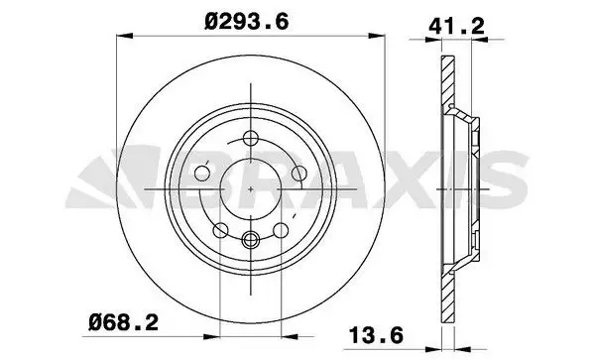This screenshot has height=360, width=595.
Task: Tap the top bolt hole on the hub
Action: point(250,138)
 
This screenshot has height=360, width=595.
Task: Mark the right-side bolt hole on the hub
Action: point(297,176)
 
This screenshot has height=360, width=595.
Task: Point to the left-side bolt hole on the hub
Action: point(203,176)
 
